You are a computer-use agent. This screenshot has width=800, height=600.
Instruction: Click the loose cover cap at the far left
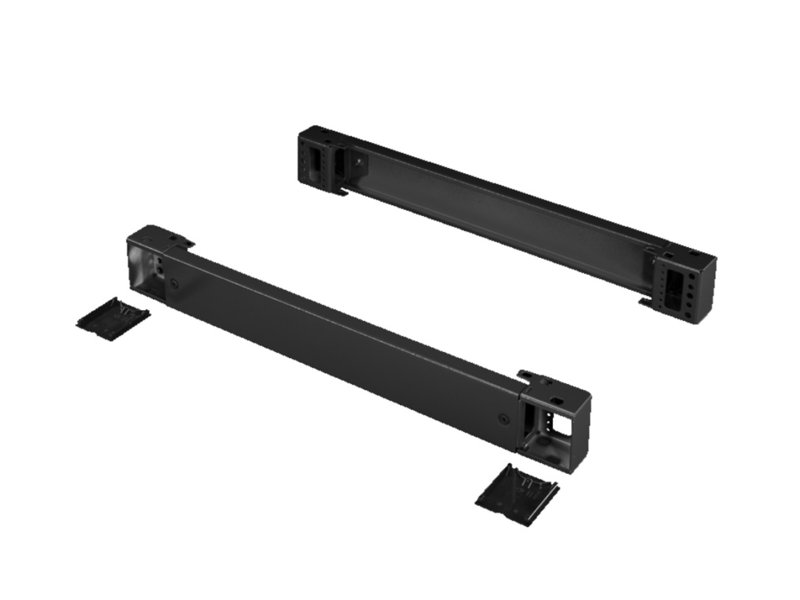click(x=113, y=318)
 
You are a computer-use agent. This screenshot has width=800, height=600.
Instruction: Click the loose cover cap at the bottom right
click(x=517, y=494)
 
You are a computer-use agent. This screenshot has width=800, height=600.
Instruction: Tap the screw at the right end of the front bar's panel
click(x=503, y=419)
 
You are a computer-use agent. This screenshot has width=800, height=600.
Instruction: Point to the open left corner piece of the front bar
click(x=148, y=264)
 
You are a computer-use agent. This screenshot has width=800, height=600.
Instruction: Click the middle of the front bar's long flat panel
click(x=342, y=350)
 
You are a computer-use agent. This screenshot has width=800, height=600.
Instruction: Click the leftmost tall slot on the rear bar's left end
click(x=315, y=162)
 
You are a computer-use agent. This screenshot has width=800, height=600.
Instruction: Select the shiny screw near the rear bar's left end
click(x=359, y=164)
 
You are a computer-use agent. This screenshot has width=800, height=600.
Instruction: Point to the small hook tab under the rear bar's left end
click(x=339, y=191)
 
